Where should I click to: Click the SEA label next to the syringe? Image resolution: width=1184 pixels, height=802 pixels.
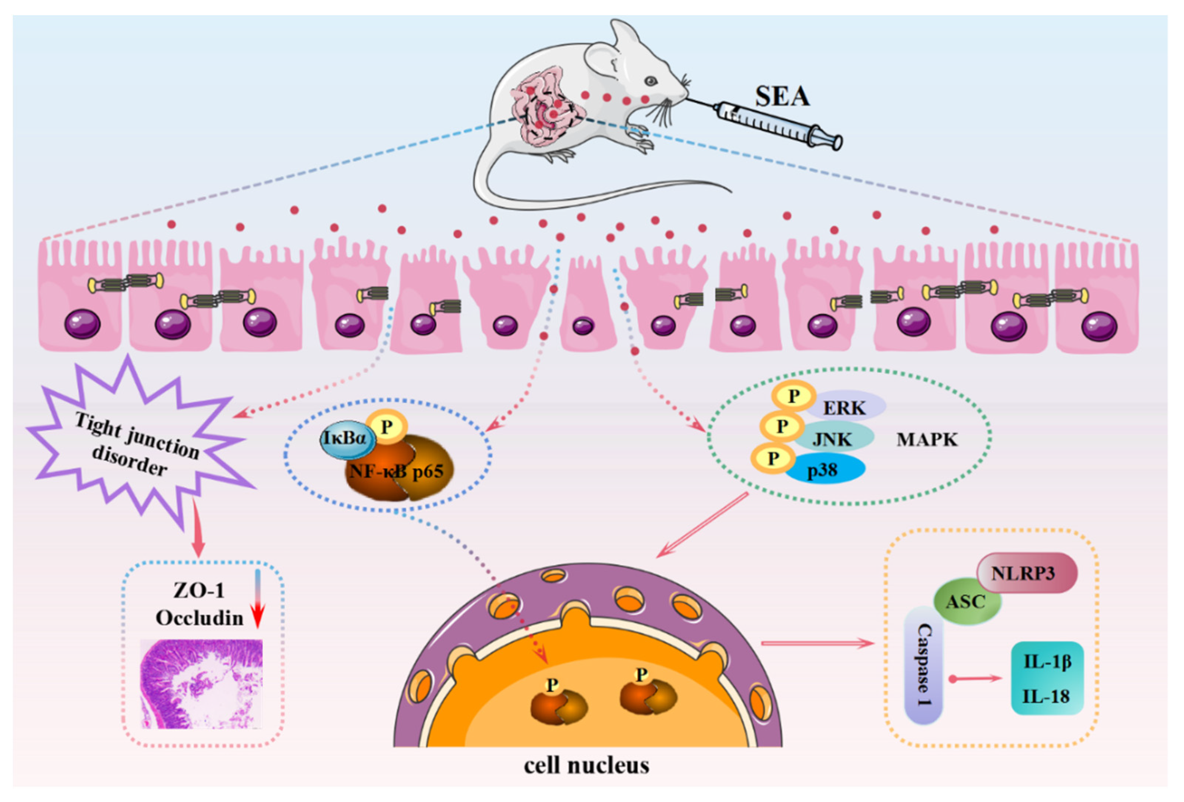(782, 97)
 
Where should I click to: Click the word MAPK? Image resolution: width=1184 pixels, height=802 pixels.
(927, 439)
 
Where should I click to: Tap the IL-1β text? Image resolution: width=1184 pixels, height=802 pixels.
(1047, 661)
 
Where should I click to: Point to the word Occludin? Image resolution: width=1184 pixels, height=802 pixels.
(200, 618)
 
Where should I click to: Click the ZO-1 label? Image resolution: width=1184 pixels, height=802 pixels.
(199, 590)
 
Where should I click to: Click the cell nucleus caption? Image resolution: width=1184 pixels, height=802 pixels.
(586, 765)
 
